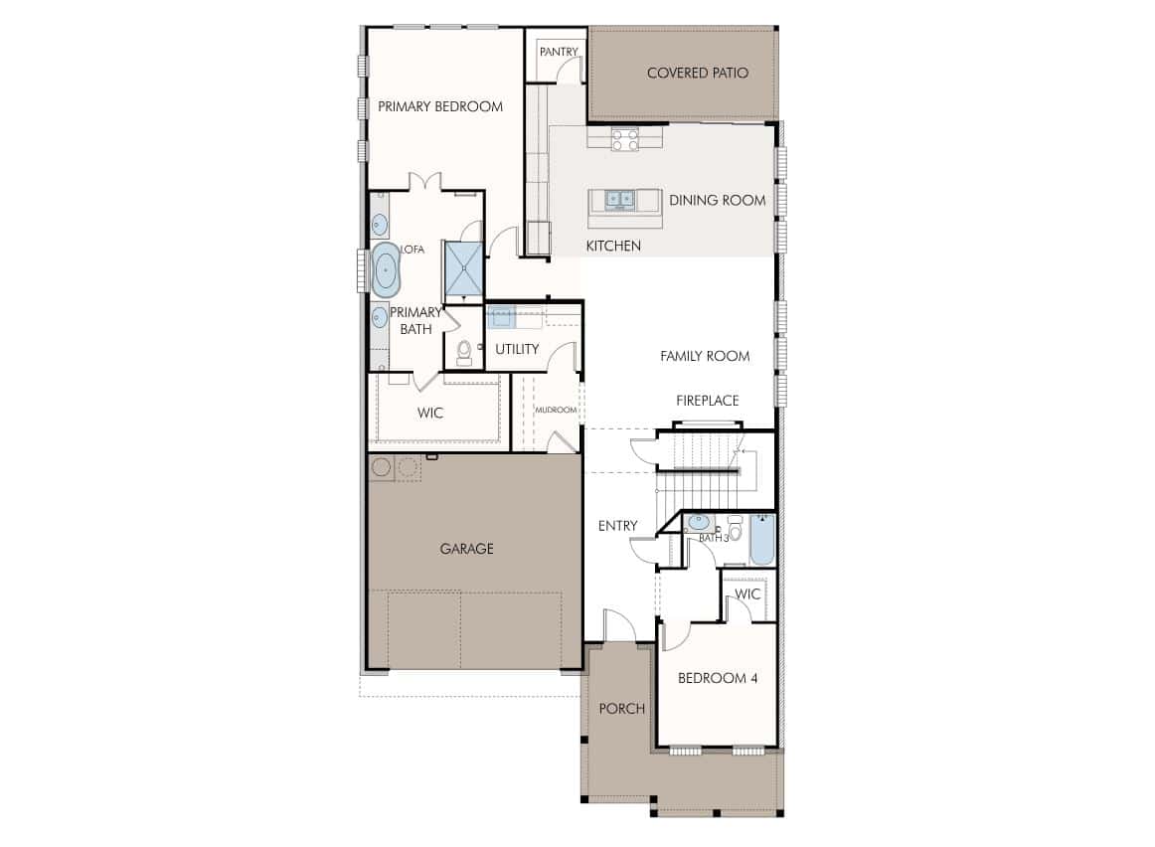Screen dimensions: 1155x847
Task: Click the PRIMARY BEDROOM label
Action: coord(440,106)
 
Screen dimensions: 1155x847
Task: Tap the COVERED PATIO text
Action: coord(698,73)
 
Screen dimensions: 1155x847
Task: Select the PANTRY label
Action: coord(559,52)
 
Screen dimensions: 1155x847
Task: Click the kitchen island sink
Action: coord(619,198)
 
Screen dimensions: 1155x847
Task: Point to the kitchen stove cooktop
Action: coord(624,138)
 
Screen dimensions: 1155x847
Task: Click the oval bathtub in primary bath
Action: coord(385,269)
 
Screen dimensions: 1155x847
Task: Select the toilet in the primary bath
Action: coord(464,352)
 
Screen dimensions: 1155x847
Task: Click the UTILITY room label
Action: coord(517,349)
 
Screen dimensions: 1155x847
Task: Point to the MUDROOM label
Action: coord(557,410)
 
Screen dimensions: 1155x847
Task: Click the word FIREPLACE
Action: coord(707,401)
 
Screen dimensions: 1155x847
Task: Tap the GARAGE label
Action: coord(466,549)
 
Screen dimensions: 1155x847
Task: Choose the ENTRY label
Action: coord(617,526)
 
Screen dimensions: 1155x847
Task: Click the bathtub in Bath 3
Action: coord(762,540)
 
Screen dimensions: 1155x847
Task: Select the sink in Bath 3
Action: coord(698,523)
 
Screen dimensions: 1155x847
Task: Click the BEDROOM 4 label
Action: coord(718,678)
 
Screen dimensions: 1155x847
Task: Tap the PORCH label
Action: coord(621,709)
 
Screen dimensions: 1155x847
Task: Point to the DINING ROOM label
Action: coord(718,201)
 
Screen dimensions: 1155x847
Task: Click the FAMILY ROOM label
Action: coord(705,357)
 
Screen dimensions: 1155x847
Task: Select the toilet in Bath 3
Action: coord(735,527)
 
